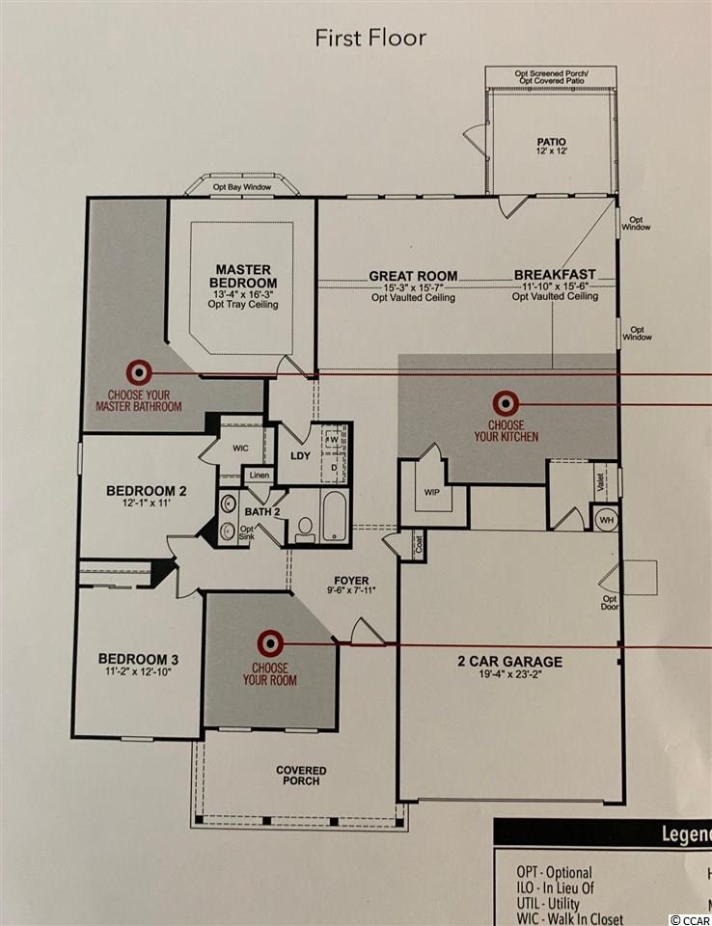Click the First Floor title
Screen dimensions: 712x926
tap(370, 38)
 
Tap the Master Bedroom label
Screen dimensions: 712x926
tap(243, 277)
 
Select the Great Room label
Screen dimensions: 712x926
tap(413, 276)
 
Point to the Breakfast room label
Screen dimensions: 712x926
tap(555, 275)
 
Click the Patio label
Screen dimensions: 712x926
tap(551, 142)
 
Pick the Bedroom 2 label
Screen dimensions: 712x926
tap(147, 491)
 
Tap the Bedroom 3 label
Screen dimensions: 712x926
tap(138, 659)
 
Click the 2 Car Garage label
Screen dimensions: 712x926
tap(509, 662)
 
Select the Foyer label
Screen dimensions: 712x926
tap(351, 581)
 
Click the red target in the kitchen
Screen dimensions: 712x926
tap(506, 404)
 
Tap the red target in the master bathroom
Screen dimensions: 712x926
tap(139, 372)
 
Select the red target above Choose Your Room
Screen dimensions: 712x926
tap(270, 642)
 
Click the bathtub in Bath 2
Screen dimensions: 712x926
tap(335, 515)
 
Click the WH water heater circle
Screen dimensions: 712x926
tap(606, 520)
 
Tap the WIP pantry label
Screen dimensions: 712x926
tap(432, 492)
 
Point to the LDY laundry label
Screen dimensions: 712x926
tap(300, 456)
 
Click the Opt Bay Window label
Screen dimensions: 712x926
tap(242, 187)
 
